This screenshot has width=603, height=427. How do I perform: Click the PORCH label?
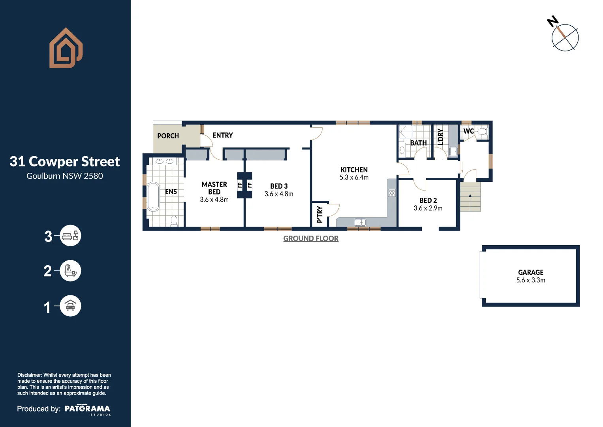coord(168,136)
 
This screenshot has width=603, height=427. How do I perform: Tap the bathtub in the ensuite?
coord(153,196)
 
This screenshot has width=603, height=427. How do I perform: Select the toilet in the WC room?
coord(482,132)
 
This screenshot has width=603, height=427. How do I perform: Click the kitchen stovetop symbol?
coord(392,193)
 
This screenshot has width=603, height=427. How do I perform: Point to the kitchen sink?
coord(360,223)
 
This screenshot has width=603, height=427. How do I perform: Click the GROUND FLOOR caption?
coord(311,238)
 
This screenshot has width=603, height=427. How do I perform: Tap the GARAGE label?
coord(530,272)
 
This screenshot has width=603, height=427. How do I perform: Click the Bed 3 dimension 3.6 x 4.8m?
coord(279,194)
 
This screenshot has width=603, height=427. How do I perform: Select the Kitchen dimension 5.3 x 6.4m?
coord(354,178)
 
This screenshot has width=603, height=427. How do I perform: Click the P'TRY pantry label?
coord(320,215)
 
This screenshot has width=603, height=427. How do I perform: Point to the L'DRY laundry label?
coord(441,137)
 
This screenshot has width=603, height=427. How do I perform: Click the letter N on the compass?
coord(552,21)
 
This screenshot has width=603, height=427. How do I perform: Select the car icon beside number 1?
coord(70,306)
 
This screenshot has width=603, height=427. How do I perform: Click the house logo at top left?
coord(66,48)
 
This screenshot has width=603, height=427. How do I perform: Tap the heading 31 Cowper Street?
coord(65,161)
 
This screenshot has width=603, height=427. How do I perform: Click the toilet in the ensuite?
coord(174,220)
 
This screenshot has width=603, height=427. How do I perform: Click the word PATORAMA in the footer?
coord(87,408)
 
